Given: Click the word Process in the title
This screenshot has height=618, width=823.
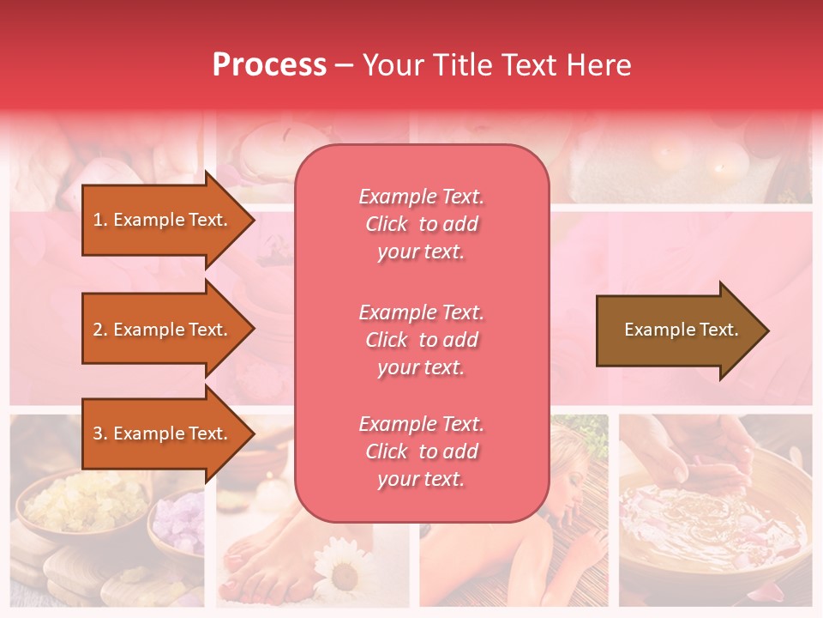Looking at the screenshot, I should tap(269, 64).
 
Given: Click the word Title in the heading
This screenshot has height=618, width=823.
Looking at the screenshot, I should tap(466, 64).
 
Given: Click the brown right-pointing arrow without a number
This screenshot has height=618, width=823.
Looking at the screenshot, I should tap(682, 330).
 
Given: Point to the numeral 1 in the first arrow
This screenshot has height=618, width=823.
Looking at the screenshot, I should tap(97, 220).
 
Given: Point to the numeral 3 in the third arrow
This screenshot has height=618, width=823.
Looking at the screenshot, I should tap(98, 433).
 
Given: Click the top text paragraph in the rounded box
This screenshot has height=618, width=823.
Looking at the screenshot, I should tap(421, 224).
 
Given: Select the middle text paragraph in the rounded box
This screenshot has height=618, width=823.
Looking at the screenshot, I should tap(421, 340).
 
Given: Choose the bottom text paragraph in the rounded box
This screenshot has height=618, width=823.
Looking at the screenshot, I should tap(421, 451).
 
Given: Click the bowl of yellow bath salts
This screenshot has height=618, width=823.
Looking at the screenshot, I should tap(84, 502).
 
